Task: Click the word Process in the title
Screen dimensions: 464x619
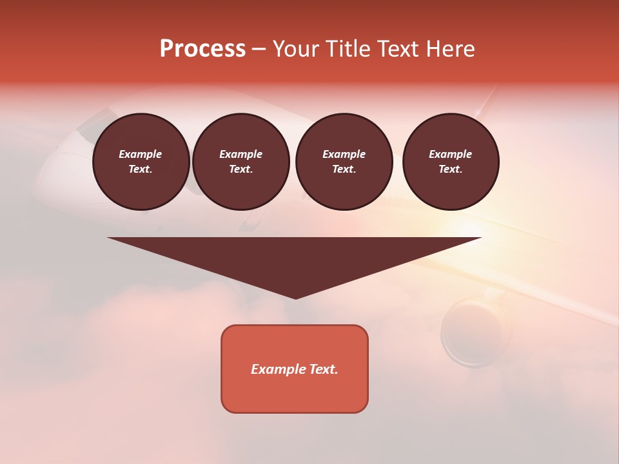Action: pos(202,49)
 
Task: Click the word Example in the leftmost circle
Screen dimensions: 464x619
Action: pos(141,154)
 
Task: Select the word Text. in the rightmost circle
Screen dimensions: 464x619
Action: pos(451,169)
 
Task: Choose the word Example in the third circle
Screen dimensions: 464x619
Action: pos(344,154)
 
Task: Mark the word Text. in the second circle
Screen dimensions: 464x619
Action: pos(241,169)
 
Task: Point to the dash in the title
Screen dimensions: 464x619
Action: pos(259,49)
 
